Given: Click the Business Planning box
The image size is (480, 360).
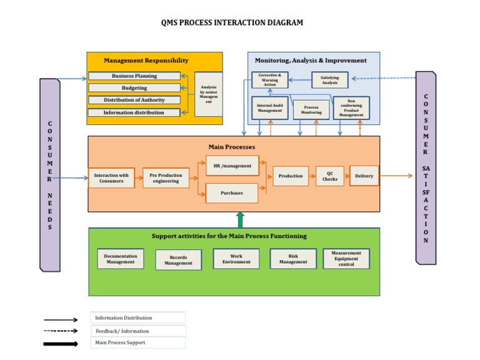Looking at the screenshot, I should [x=134, y=76].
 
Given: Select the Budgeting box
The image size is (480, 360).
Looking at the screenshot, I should [x=134, y=88].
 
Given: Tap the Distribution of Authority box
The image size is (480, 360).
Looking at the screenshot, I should [x=134, y=100].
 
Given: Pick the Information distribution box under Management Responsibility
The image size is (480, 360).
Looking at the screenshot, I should [x=134, y=112].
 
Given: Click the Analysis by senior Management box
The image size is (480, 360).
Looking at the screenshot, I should [x=208, y=94].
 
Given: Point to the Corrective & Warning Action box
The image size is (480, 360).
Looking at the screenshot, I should [x=269, y=80].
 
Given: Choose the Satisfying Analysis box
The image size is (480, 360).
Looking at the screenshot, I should [x=329, y=79].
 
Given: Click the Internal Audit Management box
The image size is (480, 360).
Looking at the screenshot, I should [x=269, y=108].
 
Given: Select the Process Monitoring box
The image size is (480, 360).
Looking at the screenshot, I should [x=311, y=110].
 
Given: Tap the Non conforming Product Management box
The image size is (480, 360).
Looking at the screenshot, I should [x=351, y=108].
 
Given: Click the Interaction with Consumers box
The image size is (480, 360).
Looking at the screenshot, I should [x=111, y=178].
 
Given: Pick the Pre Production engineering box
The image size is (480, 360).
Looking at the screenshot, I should [x=166, y=178].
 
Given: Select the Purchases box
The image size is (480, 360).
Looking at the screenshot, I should [x=232, y=193].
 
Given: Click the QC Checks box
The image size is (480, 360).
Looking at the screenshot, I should [x=329, y=176].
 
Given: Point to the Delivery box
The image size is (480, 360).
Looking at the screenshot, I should [x=364, y=176].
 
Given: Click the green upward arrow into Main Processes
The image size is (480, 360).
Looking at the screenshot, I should [x=240, y=219].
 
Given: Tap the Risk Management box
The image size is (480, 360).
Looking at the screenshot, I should [x=293, y=259].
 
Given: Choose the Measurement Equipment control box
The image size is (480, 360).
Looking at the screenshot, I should [x=346, y=259].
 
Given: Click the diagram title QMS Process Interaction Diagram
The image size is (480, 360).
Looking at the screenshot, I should [x=232, y=22].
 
